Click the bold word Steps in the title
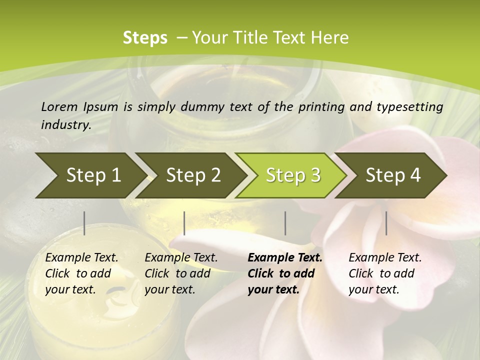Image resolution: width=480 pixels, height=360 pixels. click(145, 38)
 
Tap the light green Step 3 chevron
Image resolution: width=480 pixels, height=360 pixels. click(293, 175)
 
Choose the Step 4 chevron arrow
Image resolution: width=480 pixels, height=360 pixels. click(393, 175)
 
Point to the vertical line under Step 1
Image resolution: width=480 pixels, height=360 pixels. click(84, 223)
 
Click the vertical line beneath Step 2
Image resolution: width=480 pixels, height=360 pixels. click(184, 223)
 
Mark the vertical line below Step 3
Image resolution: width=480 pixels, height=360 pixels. click(285, 223)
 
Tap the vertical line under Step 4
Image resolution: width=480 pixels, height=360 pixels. click(386, 223)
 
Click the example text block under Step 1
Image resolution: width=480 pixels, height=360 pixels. click(81, 273)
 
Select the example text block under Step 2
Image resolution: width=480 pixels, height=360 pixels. click(181, 273)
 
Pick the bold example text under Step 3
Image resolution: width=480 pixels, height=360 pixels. click(285, 273)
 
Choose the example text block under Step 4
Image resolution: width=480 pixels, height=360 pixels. click(385, 273)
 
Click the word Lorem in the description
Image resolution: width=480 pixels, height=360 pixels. click(59, 106)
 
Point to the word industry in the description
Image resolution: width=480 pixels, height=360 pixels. click(66, 124)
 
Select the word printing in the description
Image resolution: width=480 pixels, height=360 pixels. click(322, 106)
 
